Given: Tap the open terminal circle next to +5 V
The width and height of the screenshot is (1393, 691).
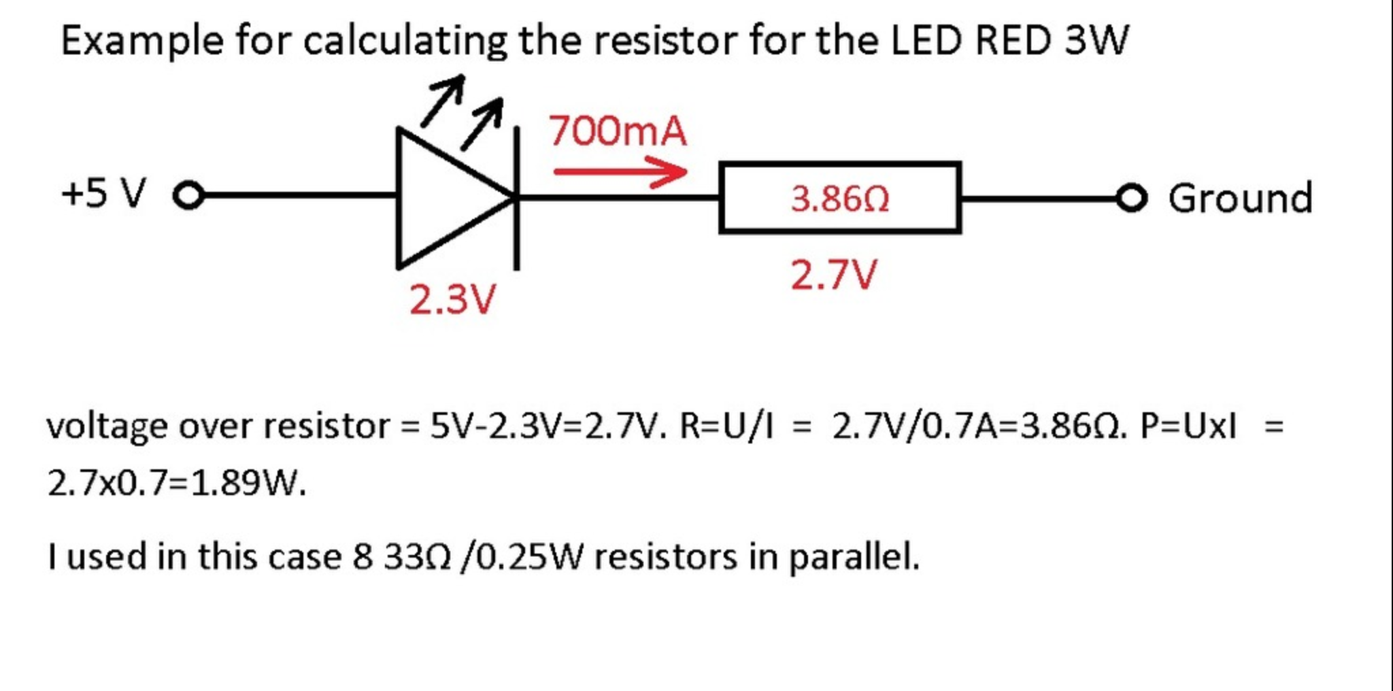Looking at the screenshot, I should point(188,196).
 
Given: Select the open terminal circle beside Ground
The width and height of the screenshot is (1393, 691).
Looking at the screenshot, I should point(1131,198).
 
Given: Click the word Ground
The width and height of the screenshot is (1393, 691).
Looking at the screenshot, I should point(1240,198).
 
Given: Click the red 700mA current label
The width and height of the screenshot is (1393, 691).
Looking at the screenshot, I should point(618,131).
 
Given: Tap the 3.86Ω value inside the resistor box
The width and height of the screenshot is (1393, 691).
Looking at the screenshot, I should point(840,199).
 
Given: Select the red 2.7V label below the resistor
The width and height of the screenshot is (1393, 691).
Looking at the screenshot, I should point(834,275).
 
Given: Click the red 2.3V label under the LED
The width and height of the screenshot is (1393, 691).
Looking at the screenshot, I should point(453,299).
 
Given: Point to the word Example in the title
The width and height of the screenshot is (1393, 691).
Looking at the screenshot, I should point(141,41).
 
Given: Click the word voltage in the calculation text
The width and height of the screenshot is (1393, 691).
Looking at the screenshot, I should point(107,427).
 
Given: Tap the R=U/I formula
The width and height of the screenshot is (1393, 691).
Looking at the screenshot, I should point(726,426).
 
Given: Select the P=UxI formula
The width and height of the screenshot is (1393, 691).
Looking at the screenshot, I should point(1188,426).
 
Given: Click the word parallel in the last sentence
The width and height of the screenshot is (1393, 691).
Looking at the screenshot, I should point(854,557).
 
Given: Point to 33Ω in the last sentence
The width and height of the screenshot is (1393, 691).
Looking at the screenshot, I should point(417,557).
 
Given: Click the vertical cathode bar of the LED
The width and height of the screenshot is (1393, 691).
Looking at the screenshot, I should point(517,197).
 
